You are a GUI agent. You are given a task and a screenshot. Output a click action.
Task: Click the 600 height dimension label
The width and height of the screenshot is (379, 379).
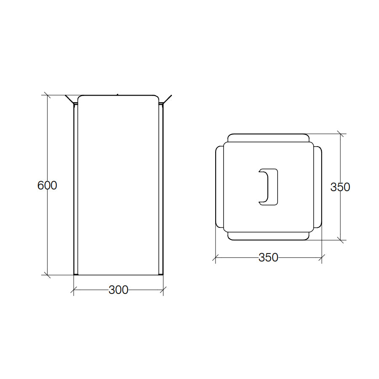coord(47,185)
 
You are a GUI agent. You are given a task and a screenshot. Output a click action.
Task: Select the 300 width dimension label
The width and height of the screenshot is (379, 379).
coord(118,290)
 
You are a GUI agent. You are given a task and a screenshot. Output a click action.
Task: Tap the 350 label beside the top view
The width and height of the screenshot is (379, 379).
coord(340,187)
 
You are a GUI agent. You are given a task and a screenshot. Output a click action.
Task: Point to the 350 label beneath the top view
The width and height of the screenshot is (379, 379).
coord(268,257)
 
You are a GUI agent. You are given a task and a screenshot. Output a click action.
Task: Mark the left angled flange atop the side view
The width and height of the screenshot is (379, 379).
coord(70,100)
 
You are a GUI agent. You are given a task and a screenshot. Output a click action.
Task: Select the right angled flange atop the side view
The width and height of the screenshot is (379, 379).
coord(167,99)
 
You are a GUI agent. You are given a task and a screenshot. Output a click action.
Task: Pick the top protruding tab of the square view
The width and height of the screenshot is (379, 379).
coord(268,138)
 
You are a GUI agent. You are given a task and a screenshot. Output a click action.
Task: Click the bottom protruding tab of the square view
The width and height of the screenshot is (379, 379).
coord(268,236)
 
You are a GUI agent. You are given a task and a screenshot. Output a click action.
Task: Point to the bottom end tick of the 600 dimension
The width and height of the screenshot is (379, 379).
coord(47,275)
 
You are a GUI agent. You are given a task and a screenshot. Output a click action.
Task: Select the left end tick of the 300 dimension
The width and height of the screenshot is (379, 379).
coord(74,290)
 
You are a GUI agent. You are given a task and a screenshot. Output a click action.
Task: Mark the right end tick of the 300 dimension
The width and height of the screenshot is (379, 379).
coord(163,290)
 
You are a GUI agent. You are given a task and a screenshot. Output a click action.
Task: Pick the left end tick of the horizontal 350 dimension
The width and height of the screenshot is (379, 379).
coord(216,257)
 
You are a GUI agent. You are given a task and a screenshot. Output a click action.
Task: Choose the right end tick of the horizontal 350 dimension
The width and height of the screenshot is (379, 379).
coord(322,257)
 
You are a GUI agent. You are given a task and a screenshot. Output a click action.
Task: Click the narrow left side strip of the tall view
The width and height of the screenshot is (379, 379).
coord(76,189)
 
